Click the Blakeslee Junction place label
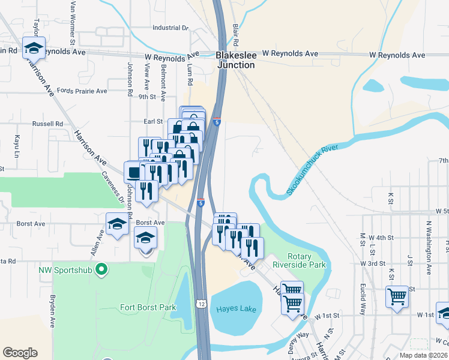click(x=236, y=59)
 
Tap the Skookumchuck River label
click(x=312, y=170)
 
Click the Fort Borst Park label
click(x=148, y=307)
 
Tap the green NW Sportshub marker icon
click(x=101, y=270)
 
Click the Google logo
click(x=20, y=352)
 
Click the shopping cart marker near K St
click(x=397, y=296)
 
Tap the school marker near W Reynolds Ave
click(x=34, y=47)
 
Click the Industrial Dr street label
click(x=170, y=28)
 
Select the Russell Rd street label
click(x=47, y=124)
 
